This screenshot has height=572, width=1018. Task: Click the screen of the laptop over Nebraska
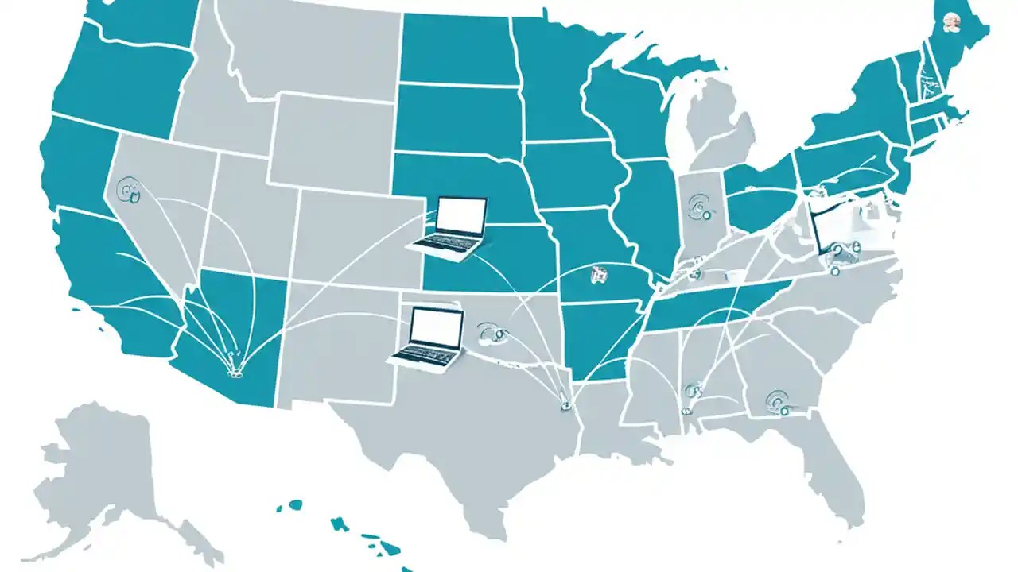pos(462,215)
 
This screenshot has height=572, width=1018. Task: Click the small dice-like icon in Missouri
pos(597,276)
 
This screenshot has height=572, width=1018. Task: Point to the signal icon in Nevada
pos(127,190)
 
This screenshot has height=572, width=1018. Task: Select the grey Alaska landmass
pos(103,469)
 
